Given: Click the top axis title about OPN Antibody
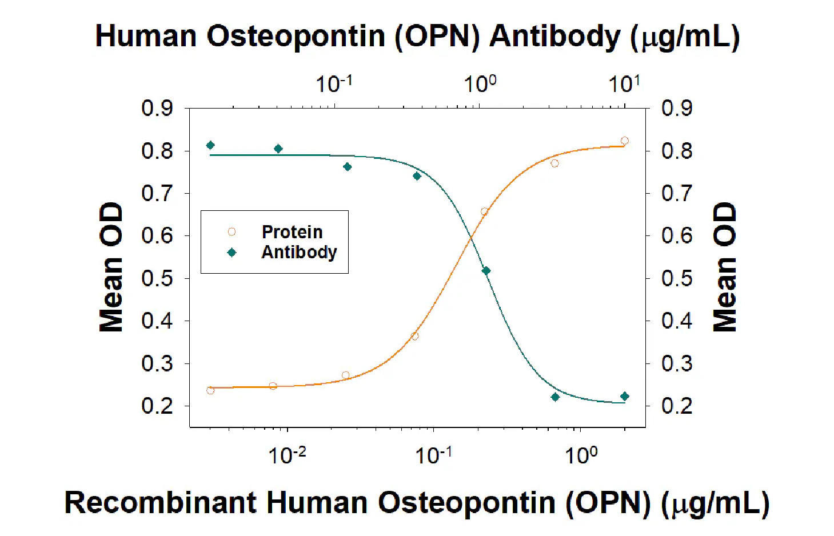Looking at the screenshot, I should [x=417, y=37].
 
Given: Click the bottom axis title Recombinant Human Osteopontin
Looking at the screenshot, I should [x=417, y=503].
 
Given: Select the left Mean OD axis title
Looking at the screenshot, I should [x=111, y=267].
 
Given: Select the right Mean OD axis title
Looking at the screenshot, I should [x=724, y=267].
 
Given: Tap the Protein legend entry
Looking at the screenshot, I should [x=292, y=232].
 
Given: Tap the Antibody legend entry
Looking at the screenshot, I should [x=298, y=252].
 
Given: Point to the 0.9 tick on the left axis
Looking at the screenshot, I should [x=157, y=108].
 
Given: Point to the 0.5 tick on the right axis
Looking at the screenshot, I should [x=677, y=278].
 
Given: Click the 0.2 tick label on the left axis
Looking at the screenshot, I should [x=157, y=406].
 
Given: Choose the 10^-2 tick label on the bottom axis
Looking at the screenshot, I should [x=287, y=455].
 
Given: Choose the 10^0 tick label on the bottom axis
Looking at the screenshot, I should [x=581, y=455].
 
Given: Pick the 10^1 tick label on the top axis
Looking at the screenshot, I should [x=624, y=84].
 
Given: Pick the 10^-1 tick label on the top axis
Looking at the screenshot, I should [x=334, y=84].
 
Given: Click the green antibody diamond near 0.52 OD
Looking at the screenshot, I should [x=486, y=271].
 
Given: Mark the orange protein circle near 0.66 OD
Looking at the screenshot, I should [x=485, y=211].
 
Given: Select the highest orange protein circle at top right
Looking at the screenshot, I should [x=625, y=141].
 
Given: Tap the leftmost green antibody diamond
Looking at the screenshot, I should [x=210, y=145].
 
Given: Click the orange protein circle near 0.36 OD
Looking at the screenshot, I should [x=415, y=336].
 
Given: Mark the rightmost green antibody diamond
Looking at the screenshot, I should [x=625, y=397].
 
